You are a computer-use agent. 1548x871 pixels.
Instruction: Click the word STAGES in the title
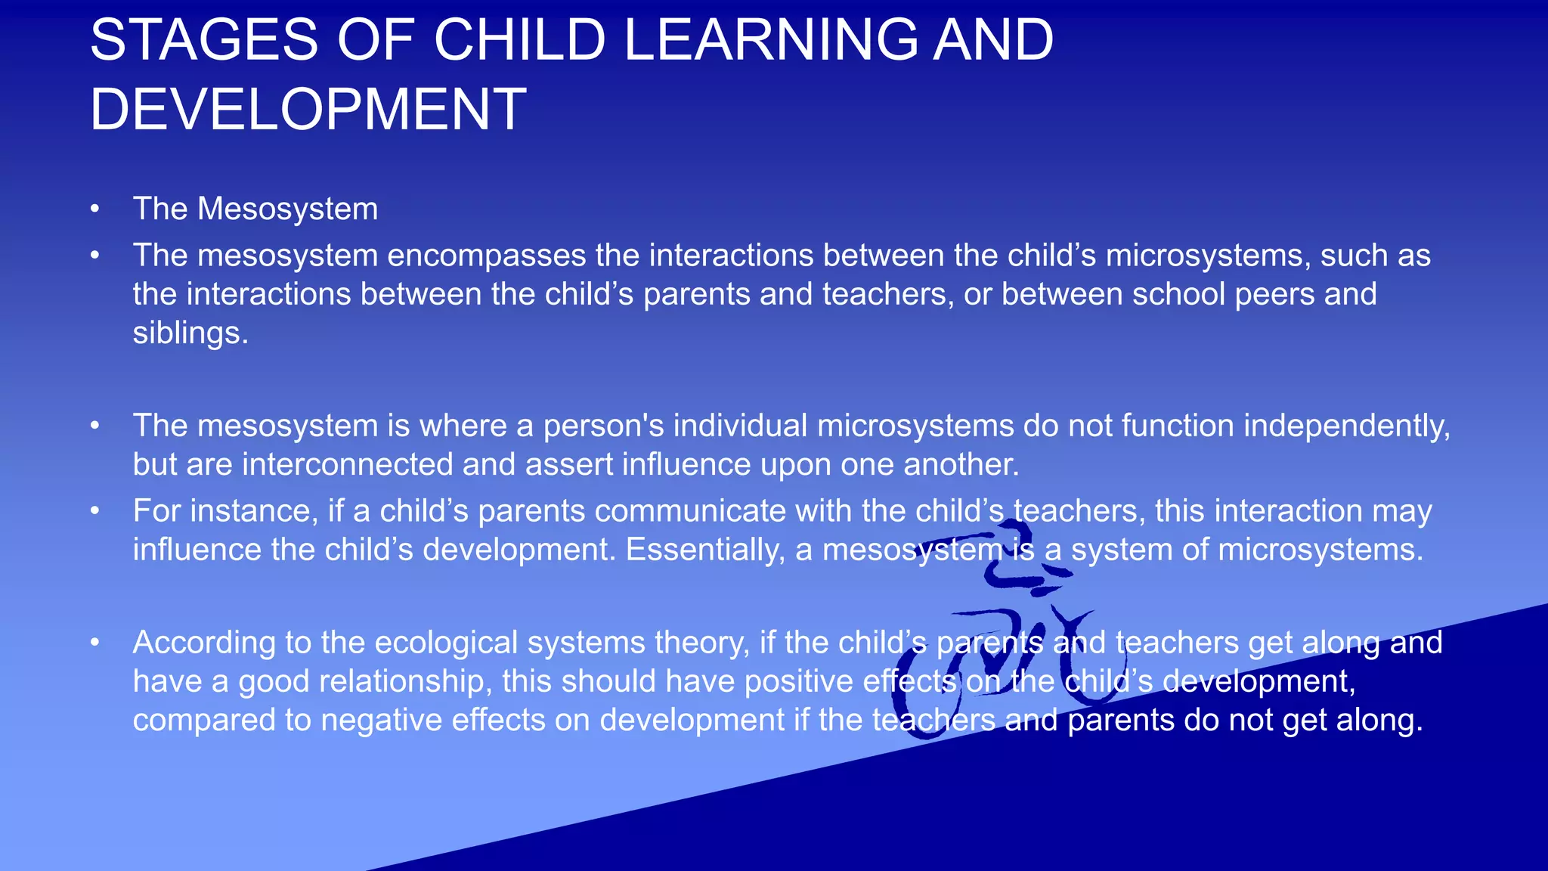(203, 40)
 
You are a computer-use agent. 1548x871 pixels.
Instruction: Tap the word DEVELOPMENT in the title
(308, 110)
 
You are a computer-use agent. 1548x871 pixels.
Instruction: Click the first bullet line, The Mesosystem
(255, 209)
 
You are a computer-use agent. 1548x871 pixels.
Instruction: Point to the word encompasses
(487, 256)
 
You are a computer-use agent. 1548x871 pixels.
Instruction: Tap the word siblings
(190, 333)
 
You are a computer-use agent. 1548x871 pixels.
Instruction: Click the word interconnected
(348, 464)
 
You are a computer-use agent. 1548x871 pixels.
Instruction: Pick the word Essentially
(705, 550)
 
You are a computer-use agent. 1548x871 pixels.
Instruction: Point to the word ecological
(445, 643)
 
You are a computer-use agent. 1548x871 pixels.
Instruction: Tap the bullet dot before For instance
(94, 511)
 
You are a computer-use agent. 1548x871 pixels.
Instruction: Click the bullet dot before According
(94, 643)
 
